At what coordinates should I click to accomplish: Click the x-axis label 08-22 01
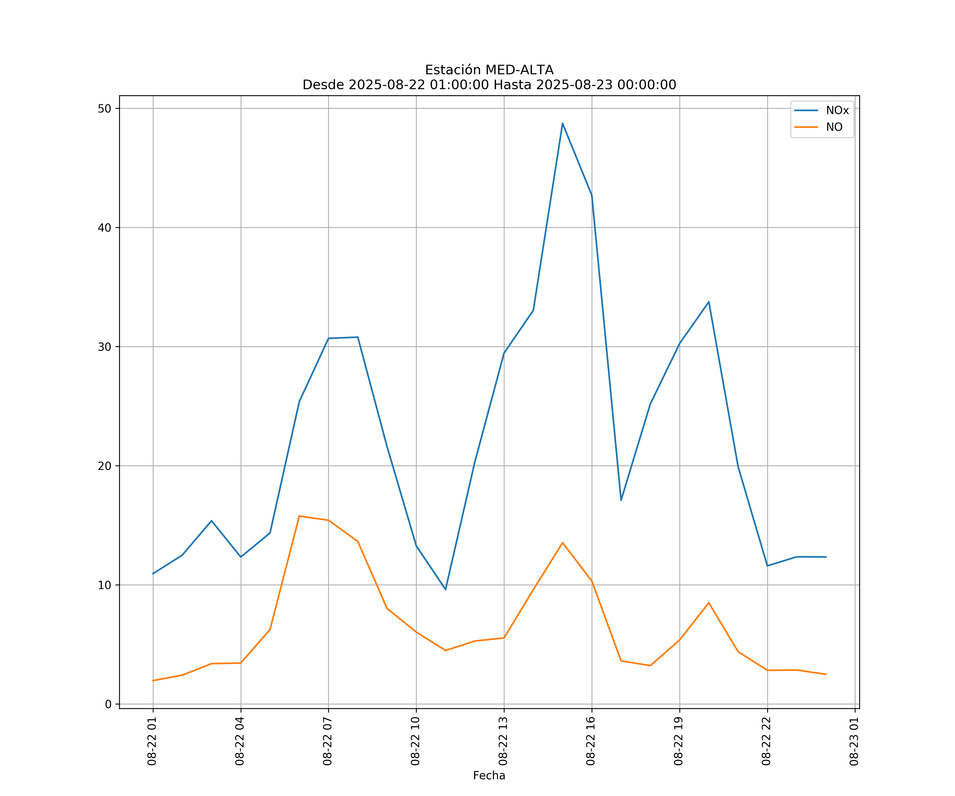click(x=152, y=741)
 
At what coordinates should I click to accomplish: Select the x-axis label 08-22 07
click(x=327, y=741)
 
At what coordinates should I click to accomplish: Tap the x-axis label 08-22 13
click(x=503, y=741)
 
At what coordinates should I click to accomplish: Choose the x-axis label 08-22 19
click(x=679, y=741)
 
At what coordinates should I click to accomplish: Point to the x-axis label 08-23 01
click(x=854, y=741)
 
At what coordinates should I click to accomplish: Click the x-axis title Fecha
click(x=489, y=776)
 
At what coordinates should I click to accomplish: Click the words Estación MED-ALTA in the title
click(x=489, y=70)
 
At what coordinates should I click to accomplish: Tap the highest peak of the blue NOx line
click(x=563, y=123)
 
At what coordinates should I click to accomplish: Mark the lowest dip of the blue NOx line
click(x=445, y=590)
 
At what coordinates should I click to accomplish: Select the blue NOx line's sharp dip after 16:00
click(x=621, y=500)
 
